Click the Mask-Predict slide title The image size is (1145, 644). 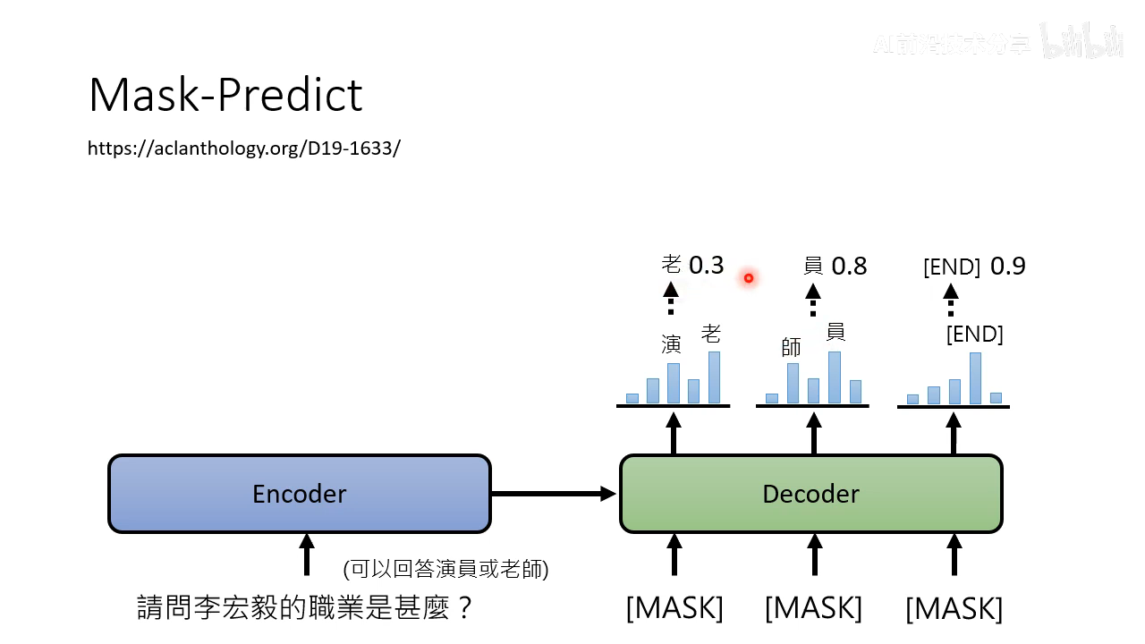(x=225, y=95)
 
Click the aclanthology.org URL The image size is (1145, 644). (x=243, y=148)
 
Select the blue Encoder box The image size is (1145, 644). (x=300, y=494)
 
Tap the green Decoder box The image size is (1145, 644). (x=810, y=494)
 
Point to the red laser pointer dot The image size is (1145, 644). (x=749, y=278)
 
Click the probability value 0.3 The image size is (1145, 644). (x=706, y=266)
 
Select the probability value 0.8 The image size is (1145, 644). (x=849, y=267)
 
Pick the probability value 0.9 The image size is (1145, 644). (x=1008, y=267)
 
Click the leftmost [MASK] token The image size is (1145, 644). (x=674, y=608)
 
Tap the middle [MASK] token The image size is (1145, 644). (x=814, y=608)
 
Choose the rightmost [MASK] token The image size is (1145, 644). (x=954, y=609)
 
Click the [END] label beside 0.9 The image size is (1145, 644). (x=952, y=267)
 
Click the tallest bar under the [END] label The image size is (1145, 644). (x=975, y=377)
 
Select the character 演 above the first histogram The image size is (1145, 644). (x=671, y=344)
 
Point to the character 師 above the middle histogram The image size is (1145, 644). (x=792, y=347)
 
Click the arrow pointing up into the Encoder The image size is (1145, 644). (x=307, y=555)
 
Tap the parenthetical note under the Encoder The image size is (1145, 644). (x=445, y=569)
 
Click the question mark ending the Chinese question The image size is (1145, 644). (x=463, y=608)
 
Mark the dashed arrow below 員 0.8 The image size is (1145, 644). (x=813, y=300)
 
